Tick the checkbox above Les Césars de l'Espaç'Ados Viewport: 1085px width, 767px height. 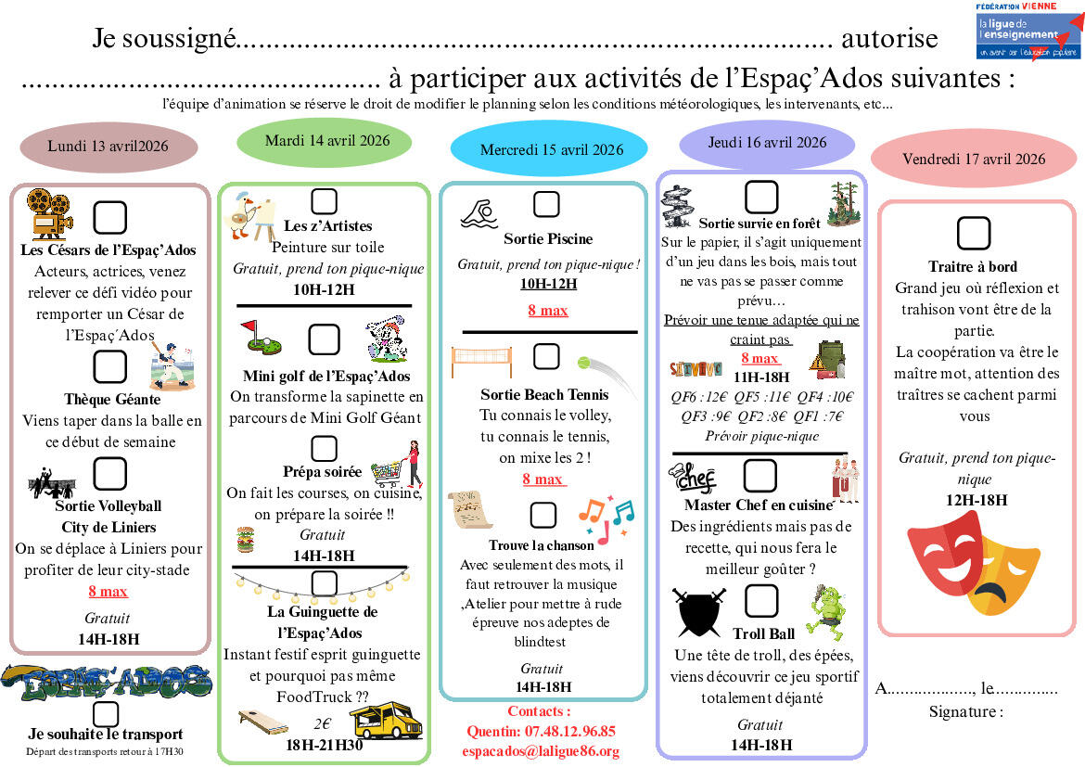(110, 217)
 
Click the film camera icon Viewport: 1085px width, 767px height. (49, 213)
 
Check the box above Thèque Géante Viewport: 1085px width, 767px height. (110, 366)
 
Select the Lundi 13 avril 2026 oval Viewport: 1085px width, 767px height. (108, 147)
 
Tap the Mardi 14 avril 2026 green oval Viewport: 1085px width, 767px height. (327, 141)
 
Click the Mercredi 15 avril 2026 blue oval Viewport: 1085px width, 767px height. (551, 149)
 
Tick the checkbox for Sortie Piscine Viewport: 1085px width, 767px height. (546, 203)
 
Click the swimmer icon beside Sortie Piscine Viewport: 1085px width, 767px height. (481, 214)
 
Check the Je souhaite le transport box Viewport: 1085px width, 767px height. (106, 713)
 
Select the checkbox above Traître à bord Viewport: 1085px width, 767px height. (973, 234)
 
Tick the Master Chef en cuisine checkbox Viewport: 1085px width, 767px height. (760, 476)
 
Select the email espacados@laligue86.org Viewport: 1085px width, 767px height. (542, 751)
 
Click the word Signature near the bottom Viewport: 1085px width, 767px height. (965, 712)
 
